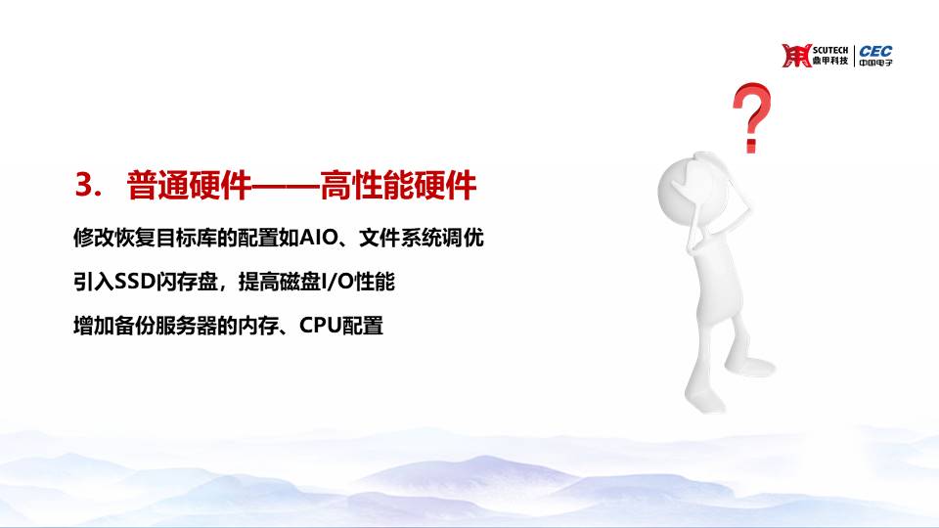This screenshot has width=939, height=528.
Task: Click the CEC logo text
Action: point(875,52)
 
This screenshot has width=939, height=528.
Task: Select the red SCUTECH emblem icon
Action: point(796,56)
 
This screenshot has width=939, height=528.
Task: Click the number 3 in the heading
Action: point(86,185)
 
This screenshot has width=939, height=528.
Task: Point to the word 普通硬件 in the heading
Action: point(189,185)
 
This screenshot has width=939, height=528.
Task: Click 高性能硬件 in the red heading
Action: point(398,185)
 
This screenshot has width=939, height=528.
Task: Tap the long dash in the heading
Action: point(287,185)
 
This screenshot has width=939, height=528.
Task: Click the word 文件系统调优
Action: point(422,238)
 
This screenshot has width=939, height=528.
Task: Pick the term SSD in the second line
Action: point(135,282)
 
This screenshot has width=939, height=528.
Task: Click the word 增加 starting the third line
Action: point(94,326)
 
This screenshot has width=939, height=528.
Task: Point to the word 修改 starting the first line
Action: point(94,238)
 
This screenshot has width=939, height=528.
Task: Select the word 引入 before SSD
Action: point(94,282)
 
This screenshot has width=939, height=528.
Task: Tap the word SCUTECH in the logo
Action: point(830,50)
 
